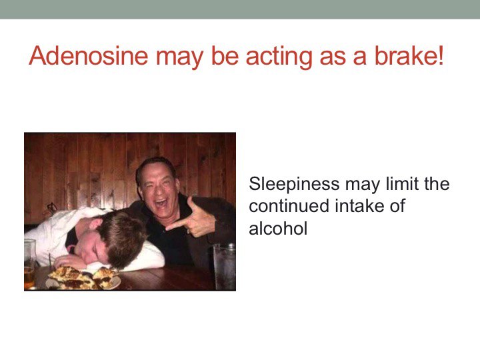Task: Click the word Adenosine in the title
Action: point(88,55)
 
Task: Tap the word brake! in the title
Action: point(409,55)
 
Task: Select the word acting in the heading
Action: point(279,57)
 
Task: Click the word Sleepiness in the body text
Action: point(294,185)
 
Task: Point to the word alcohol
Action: point(278,229)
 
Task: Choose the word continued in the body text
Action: point(289,206)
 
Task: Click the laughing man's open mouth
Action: point(161,203)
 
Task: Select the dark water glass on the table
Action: point(225,266)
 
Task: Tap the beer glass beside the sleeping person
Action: point(30,264)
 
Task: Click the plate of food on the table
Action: point(83,278)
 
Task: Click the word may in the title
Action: point(180,58)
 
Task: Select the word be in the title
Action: point(225,55)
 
